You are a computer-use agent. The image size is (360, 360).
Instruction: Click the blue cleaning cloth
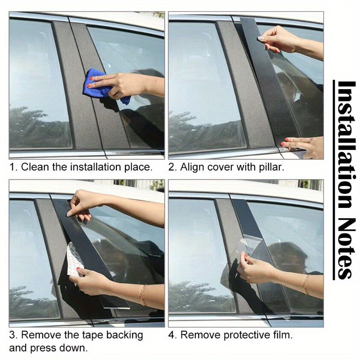point(97,85)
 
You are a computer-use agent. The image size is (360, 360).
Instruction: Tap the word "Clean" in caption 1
point(35,167)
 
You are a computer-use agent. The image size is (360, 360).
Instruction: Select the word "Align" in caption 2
point(193,167)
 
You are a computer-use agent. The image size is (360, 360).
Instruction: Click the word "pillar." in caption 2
point(271,167)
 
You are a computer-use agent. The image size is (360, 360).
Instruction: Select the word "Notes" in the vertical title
point(346,250)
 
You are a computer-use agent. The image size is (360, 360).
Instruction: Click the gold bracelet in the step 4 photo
point(306,284)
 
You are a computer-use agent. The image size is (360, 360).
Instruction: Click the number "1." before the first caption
point(13,167)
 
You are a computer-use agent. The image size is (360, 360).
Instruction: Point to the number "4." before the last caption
point(172,335)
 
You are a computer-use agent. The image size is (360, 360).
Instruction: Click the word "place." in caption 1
point(138,167)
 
